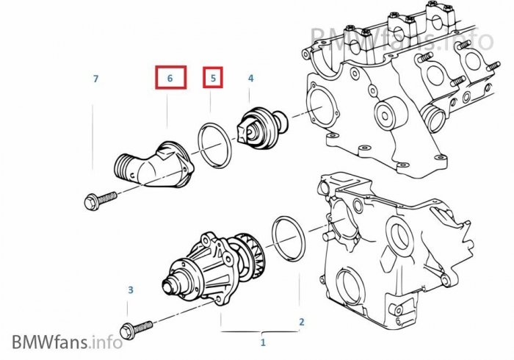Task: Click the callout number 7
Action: tap(95, 79)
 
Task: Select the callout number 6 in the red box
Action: tap(170, 79)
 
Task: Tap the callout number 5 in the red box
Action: tap(214, 79)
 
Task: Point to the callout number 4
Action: tap(251, 79)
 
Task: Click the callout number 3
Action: tap(131, 289)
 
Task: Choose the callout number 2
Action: tap(302, 322)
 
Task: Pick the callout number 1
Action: tap(263, 342)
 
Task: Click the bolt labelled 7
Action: tap(101, 199)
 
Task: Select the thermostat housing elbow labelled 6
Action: tap(154, 165)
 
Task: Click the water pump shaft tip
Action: tap(168, 286)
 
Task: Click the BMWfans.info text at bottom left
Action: tap(68, 342)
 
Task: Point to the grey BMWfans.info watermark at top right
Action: tap(402, 39)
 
